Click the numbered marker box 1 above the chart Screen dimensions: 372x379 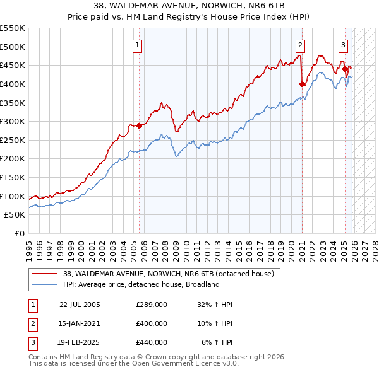tap(138, 45)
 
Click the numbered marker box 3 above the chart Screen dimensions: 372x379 tap(343, 45)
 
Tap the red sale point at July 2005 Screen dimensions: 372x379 tap(139, 125)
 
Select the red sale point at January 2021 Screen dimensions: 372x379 tap(302, 84)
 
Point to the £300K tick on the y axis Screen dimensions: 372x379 tap(13, 121)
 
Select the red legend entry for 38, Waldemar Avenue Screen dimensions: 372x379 tap(167, 274)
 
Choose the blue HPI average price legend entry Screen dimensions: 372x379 tap(141, 284)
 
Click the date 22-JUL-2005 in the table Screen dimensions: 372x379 tap(80, 305)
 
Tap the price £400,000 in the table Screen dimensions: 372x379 tap(152, 323)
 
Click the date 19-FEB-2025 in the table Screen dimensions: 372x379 tap(80, 342)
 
